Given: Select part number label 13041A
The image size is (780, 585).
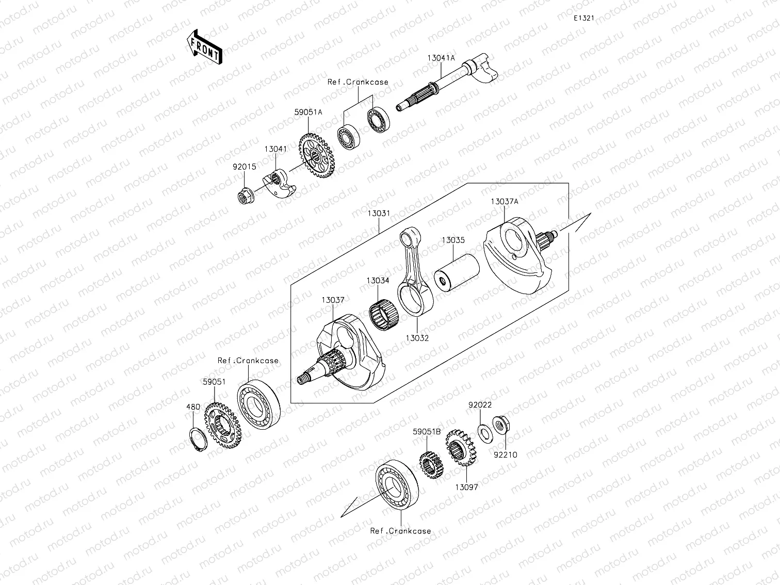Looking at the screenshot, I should click(x=441, y=58).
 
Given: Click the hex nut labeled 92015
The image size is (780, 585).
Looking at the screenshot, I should click(x=244, y=196).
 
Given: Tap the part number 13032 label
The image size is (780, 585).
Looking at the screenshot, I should click(x=417, y=338).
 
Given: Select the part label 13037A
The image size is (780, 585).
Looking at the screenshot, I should click(x=504, y=202).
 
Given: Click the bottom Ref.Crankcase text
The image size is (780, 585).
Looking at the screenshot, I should click(x=400, y=531).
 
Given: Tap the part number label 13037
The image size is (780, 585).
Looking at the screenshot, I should click(x=333, y=300).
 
